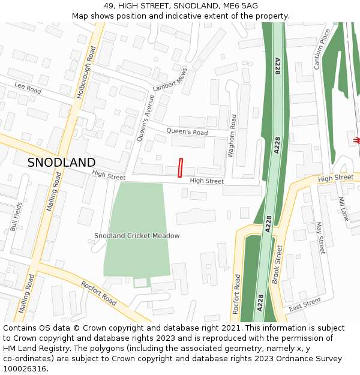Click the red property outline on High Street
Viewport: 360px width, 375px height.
tap(180, 168)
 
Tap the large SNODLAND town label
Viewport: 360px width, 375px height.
tap(61, 163)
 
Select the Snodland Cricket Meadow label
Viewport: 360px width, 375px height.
tap(137, 236)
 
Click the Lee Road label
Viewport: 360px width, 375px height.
tap(28, 89)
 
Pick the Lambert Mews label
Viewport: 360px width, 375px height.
tap(170, 79)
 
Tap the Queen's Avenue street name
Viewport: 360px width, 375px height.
tap(146, 118)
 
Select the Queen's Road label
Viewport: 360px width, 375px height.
tap(187, 132)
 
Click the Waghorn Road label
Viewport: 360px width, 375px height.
tap(232, 136)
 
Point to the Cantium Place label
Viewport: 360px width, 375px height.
tap(322, 49)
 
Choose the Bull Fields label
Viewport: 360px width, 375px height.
tap(16, 217)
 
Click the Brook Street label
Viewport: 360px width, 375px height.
tap(277, 263)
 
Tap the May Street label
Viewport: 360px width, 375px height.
tap(320, 237)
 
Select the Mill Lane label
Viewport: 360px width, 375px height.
tap(343, 209)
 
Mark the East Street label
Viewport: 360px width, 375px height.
tap(300, 305)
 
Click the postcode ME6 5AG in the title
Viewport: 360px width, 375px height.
tap(240, 5)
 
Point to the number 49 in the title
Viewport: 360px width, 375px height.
tap(109, 5)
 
